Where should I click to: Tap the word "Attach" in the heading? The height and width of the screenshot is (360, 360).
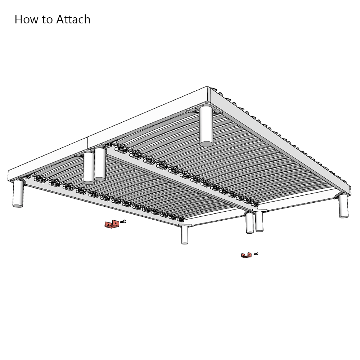[73, 19]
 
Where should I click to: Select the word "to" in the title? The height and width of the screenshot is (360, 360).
[47, 19]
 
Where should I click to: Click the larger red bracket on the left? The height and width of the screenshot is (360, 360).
[112, 225]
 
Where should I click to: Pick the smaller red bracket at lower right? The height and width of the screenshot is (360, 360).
[246, 255]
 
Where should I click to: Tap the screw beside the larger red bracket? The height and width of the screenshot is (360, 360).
[123, 222]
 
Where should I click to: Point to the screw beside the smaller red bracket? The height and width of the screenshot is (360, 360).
[256, 254]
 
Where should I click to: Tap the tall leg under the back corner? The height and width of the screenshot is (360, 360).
[206, 127]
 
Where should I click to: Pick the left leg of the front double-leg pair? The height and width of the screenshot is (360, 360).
[249, 223]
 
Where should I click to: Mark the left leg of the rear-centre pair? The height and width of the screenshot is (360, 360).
[89, 168]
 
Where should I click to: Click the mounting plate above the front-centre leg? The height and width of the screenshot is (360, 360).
[185, 225]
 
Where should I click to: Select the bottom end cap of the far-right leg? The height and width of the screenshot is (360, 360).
[344, 216]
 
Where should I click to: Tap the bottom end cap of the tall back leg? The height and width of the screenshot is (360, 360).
[206, 144]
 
